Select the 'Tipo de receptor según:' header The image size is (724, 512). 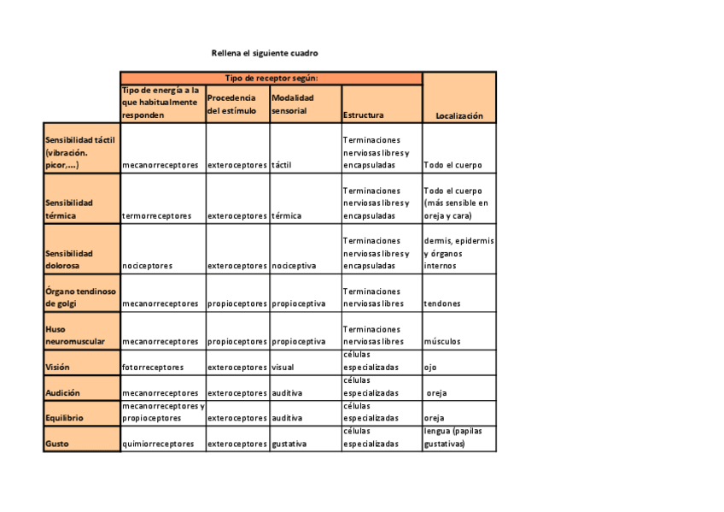[271, 78]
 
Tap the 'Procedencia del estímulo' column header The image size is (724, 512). [231, 103]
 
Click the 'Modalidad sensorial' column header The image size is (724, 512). [293, 103]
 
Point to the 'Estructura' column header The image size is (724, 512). [364, 115]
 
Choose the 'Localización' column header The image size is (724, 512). [459, 115]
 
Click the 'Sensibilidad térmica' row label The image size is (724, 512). [69, 209]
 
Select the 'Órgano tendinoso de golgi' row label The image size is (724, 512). [80, 297]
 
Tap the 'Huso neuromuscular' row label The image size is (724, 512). [75, 335]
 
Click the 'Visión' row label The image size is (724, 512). [58, 368]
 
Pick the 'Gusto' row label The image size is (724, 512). [57, 444]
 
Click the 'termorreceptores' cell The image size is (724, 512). [157, 216]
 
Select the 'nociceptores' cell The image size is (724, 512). [147, 266]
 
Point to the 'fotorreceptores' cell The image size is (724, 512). [153, 368]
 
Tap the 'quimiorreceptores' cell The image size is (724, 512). [158, 444]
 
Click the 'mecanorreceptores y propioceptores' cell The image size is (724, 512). [162, 413]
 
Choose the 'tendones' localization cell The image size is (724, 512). [442, 303]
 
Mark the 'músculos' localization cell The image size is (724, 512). [442, 342]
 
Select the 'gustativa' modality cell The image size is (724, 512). [289, 444]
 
